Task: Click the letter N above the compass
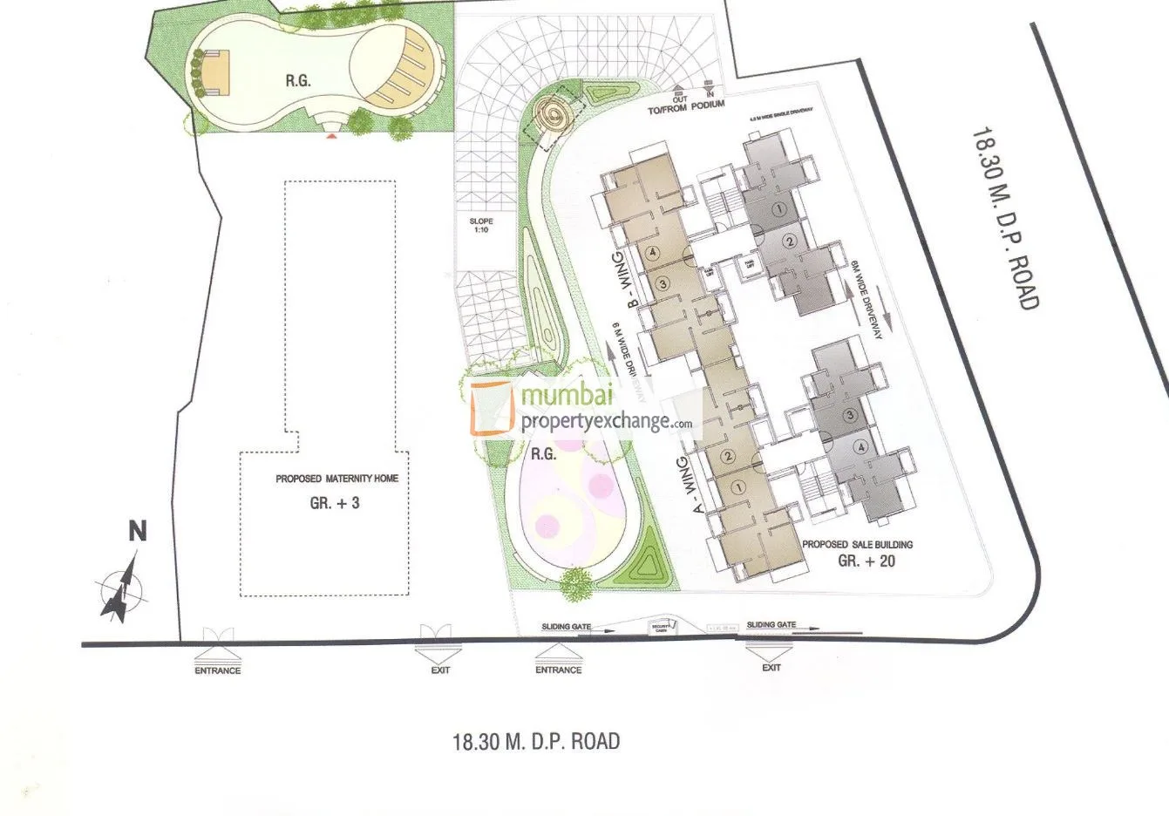point(137,531)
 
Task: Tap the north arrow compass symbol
point(122,590)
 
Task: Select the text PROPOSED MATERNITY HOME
point(336,479)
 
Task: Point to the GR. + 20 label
point(866,561)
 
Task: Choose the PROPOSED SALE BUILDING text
point(857,545)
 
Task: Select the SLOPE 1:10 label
point(481,227)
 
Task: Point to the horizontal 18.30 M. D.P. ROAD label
point(536,742)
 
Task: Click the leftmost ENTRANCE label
point(217,670)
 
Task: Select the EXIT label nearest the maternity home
point(439,670)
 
